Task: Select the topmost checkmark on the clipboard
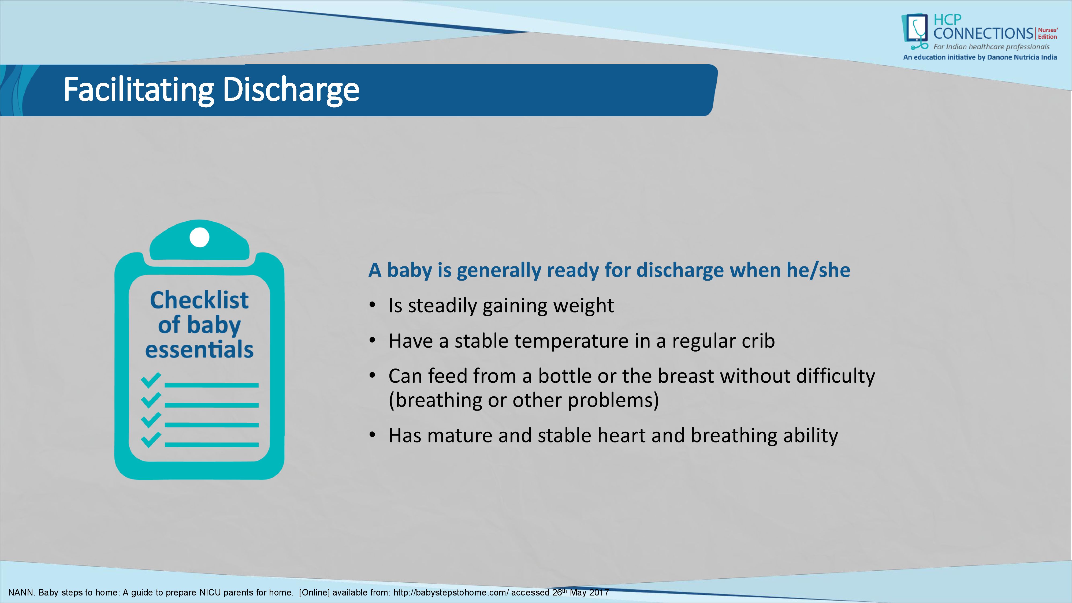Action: coord(151,379)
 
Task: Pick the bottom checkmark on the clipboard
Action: coord(151,440)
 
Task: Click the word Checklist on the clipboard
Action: coord(199,300)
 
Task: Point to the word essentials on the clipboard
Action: coord(199,349)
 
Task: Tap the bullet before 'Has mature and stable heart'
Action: coord(373,435)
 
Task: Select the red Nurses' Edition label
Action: coord(1047,33)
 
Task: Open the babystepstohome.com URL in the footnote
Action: coord(451,593)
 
